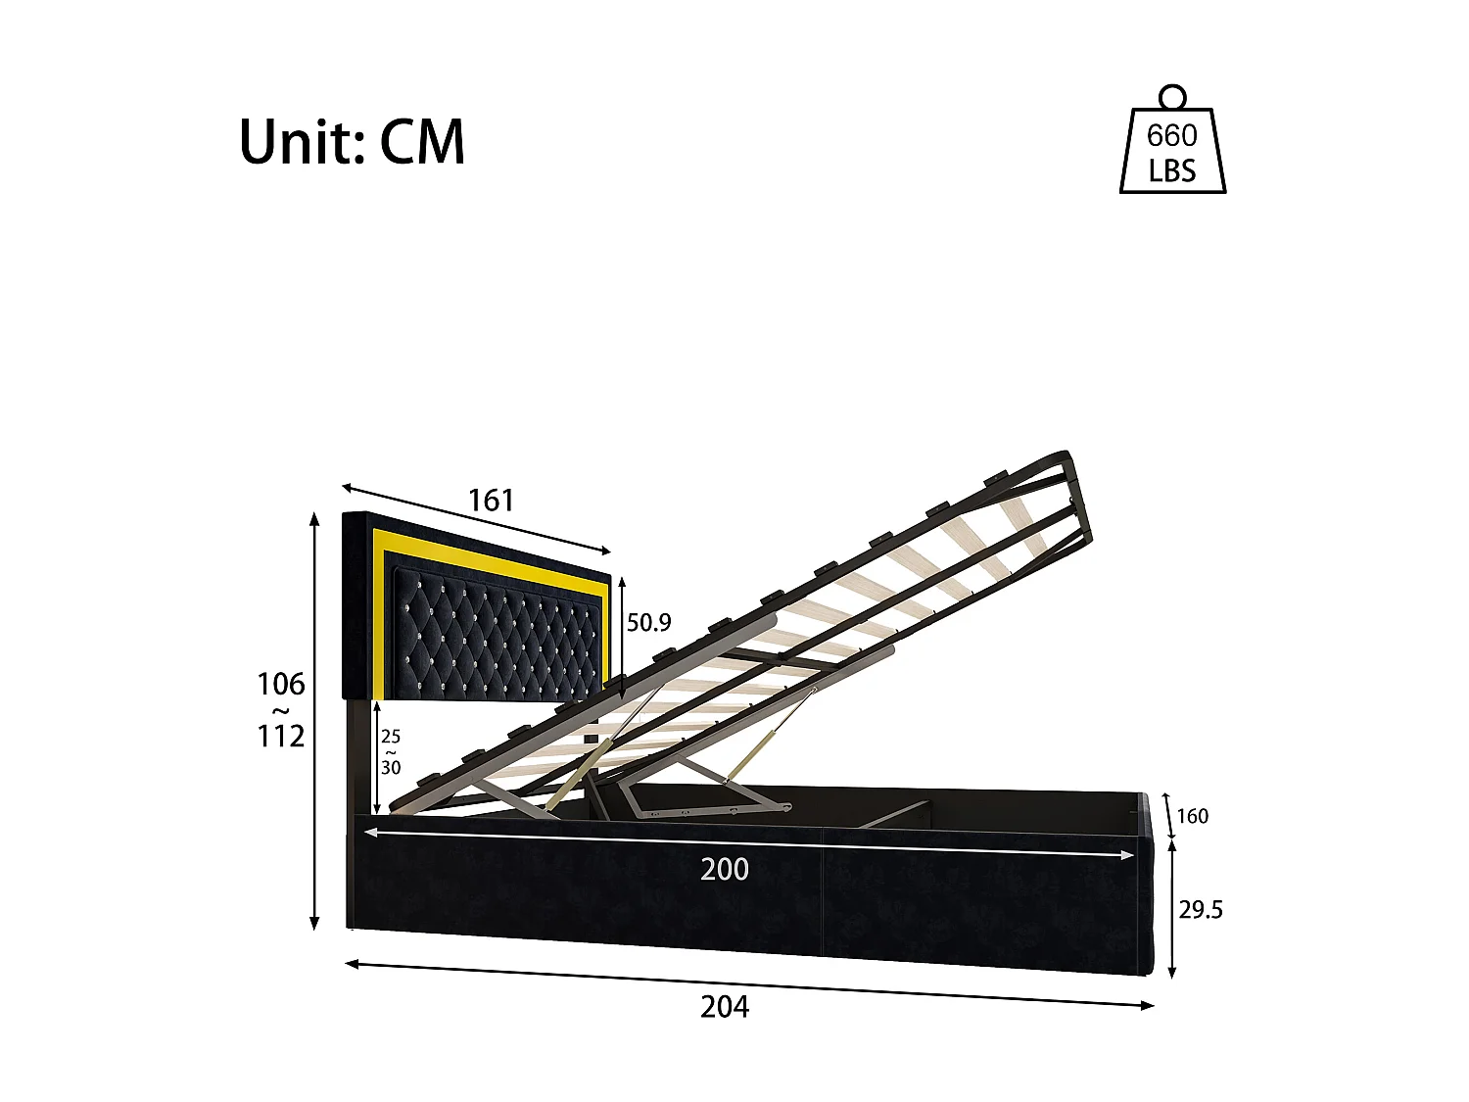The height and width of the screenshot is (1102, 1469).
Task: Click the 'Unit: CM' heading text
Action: point(352,143)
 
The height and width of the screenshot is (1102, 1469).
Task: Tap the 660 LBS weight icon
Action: point(1172,147)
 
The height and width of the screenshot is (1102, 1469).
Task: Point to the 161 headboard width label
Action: point(491,501)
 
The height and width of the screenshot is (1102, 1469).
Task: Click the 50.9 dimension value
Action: point(649,622)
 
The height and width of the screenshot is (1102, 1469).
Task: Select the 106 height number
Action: point(281,684)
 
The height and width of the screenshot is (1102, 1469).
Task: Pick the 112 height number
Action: point(281,736)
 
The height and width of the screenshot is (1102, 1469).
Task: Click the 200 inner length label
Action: point(725,869)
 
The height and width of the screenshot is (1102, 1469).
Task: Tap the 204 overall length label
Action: point(725,1006)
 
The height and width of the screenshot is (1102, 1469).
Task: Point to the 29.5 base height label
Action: point(1201,910)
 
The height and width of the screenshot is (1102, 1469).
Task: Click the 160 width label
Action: point(1192,816)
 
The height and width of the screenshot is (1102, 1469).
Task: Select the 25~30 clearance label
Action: point(391,752)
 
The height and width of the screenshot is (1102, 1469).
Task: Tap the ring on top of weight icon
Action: point(1172,96)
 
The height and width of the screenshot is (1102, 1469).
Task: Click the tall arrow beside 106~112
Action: point(314,720)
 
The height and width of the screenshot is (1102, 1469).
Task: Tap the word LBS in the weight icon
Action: point(1172,171)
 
